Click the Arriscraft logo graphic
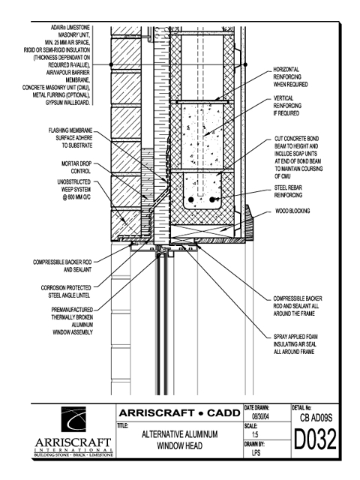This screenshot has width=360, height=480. pyautogui.click(x=73, y=418)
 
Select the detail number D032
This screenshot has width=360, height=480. pyautogui.click(x=315, y=439)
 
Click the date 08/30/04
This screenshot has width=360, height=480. pyautogui.click(x=260, y=416)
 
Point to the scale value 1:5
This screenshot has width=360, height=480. pyautogui.click(x=255, y=434)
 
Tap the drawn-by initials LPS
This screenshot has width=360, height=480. pyautogui.click(x=256, y=452)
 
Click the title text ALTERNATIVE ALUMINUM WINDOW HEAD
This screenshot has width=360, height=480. pyautogui.click(x=180, y=440)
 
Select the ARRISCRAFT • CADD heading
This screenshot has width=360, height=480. pyautogui.click(x=180, y=413)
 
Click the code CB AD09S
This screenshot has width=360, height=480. pyautogui.click(x=316, y=418)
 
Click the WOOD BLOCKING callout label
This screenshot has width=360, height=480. pyautogui.click(x=292, y=211)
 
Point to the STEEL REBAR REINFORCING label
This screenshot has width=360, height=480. pyautogui.click(x=288, y=191)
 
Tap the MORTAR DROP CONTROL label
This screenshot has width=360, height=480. pyautogui.click(x=76, y=167)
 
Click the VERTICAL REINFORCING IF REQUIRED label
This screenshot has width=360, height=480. pyautogui.click(x=287, y=106)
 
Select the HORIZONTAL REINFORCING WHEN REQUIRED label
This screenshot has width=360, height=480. pyautogui.click(x=290, y=76)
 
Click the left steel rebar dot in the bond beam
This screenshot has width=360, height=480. pyautogui.click(x=191, y=199)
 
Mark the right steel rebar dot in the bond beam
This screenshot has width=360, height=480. pyautogui.click(x=212, y=199)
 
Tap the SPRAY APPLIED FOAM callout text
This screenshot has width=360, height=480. pyautogui.click(x=295, y=344)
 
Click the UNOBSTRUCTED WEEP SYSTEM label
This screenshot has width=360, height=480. pyautogui.click(x=74, y=190)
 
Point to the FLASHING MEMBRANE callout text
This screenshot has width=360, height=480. pyautogui.click(x=70, y=138)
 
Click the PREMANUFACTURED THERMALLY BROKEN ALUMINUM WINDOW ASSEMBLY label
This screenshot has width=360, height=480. pyautogui.click(x=72, y=321)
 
